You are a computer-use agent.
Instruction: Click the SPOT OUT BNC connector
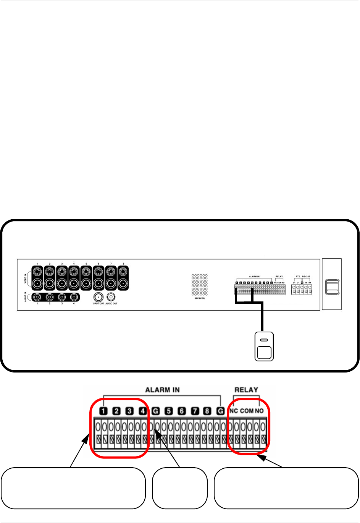point(98,297)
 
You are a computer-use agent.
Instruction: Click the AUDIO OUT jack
point(111,297)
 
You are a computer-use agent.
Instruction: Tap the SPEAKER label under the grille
point(199,298)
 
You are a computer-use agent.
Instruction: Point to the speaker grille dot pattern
point(199,285)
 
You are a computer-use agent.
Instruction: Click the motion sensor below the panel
point(264,346)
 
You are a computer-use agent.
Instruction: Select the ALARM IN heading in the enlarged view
point(162,390)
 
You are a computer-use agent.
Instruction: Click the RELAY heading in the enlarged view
point(246,390)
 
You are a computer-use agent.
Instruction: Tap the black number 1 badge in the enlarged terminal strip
point(104,411)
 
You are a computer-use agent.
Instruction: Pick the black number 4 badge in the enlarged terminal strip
point(142,411)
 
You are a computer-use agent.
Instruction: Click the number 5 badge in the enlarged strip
point(168,411)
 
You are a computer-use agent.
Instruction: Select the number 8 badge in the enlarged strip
point(207,411)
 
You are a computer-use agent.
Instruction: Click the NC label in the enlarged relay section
point(234,411)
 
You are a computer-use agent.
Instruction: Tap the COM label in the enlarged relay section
point(247,411)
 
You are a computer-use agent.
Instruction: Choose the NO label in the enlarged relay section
point(259,411)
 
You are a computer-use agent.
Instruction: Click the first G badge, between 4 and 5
point(155,411)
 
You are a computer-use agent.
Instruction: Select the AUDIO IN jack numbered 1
point(37,297)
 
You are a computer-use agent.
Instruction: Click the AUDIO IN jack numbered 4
point(74,297)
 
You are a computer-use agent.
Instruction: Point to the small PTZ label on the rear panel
point(298,276)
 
